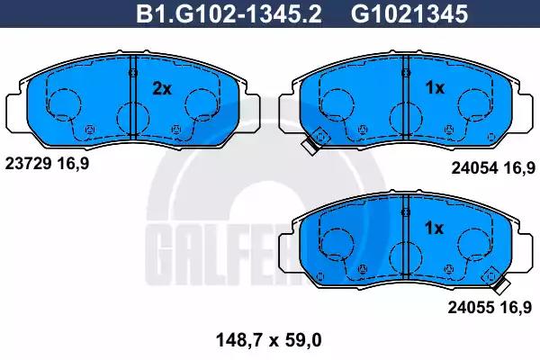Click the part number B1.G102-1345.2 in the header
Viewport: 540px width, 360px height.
(229, 14)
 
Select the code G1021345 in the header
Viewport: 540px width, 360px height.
(409, 14)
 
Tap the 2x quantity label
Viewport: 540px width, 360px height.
(162, 89)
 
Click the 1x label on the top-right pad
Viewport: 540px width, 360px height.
(435, 88)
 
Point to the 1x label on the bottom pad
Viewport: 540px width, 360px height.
(434, 228)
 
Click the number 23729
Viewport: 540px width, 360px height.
(28, 164)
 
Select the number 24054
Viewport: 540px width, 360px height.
(474, 168)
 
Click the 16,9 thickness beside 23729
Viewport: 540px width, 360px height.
(73, 164)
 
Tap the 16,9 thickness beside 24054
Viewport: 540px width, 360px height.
(519, 168)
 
